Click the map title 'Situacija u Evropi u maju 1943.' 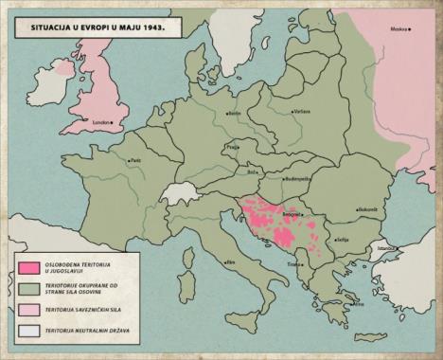[x=90, y=28]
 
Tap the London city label [x=101, y=122]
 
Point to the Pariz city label [x=133, y=161]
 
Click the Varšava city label [x=301, y=112]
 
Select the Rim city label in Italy [x=228, y=262]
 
